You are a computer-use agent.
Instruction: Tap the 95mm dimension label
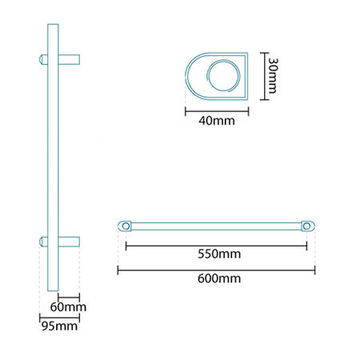pyautogui.click(x=60, y=326)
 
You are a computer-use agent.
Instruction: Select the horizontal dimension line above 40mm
pyautogui.click(x=218, y=111)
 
